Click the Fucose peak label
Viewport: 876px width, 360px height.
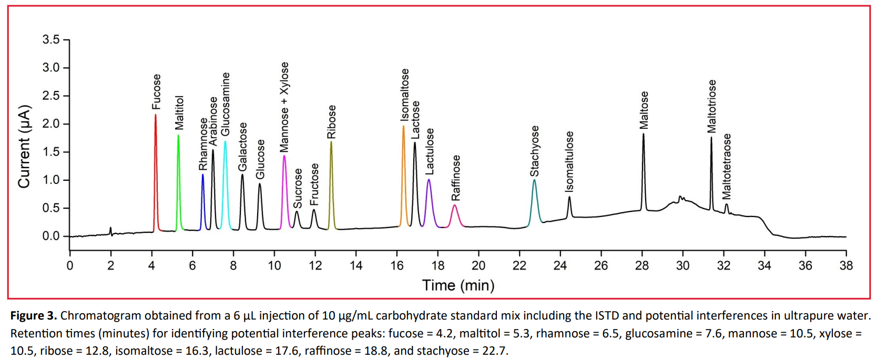pos(156,92)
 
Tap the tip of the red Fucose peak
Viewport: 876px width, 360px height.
pos(156,115)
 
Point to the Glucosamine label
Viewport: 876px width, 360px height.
pos(226,104)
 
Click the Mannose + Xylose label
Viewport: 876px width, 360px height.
pos(284,107)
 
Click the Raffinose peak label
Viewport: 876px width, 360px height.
pos(456,178)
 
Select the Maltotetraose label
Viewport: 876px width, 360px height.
pos(726,166)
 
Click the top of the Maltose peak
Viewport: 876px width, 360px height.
pos(643,134)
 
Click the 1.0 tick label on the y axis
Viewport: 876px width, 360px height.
pos(51,180)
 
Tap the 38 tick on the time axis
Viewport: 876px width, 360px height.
pos(846,265)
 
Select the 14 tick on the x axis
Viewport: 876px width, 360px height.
pos(356,265)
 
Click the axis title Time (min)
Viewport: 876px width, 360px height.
pos(458,285)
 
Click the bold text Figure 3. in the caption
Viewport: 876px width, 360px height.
pos(33,316)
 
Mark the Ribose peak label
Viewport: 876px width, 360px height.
pos(331,122)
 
